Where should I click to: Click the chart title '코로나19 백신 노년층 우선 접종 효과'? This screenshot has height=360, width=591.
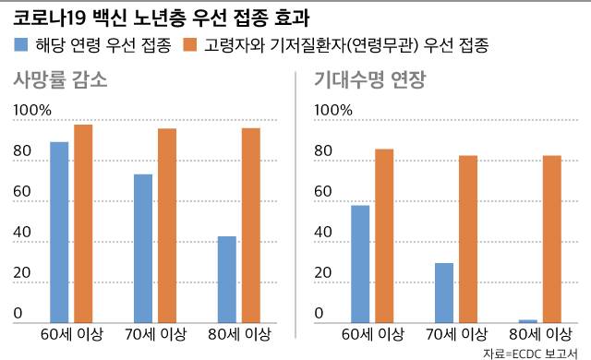[x=162, y=18]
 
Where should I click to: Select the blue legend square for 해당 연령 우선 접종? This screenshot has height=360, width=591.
[x=21, y=44]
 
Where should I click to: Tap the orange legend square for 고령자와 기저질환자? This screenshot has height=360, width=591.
[x=190, y=44]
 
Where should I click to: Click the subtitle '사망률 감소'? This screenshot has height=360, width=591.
[x=60, y=79]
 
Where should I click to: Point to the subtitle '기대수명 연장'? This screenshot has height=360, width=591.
[x=370, y=79]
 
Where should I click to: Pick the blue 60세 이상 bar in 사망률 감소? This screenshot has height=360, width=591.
[x=58, y=231]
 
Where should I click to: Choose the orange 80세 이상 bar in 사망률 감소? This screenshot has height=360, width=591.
[x=251, y=224]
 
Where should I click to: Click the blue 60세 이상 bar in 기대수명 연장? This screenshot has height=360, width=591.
[x=359, y=263]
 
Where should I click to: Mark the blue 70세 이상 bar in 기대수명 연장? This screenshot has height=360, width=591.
[x=443, y=292]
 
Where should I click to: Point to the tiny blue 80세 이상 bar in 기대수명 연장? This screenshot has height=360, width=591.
[x=527, y=319]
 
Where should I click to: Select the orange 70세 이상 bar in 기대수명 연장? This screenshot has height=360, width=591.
[x=469, y=238]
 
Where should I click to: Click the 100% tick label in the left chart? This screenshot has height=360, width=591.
[x=32, y=111]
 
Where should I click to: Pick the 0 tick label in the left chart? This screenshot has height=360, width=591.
[x=18, y=315]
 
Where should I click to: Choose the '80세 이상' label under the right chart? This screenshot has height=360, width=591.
[x=540, y=334]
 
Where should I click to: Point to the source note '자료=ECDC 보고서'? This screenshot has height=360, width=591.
[x=534, y=353]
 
